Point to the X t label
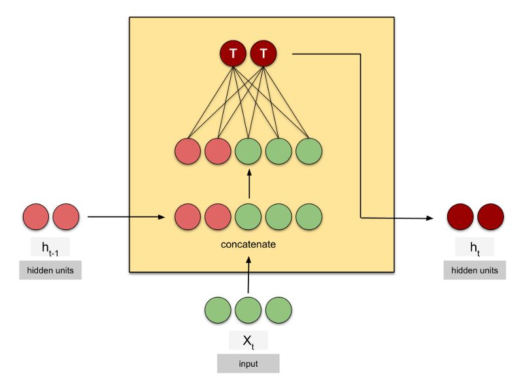[248, 341]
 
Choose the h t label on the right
[475, 248]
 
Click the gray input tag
[248, 363]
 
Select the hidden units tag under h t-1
[51, 270]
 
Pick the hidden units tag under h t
[475, 270]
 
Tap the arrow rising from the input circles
[248, 275]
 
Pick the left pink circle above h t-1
[36, 217]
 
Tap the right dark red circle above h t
[490, 217]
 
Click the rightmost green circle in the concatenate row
[309, 217]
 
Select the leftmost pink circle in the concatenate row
[188, 217]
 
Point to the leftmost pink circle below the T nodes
[188, 151]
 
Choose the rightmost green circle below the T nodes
[309, 151]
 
